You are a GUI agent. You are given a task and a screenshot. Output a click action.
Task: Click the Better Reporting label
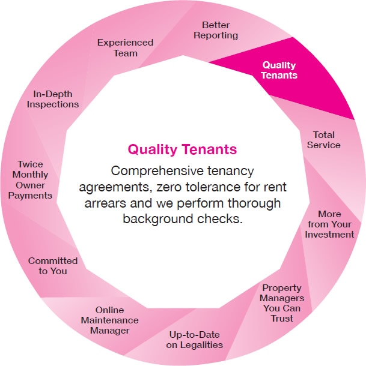tap(216, 30)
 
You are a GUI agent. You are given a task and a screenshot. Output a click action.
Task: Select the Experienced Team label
tap(126, 48)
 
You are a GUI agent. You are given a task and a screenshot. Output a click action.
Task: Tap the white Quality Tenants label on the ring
tap(279, 70)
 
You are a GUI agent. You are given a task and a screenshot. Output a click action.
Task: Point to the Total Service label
tap(324, 140)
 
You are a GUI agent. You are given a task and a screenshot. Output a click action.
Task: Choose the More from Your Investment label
tap(329, 224)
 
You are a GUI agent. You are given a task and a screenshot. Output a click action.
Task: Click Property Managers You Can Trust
tap(282, 303)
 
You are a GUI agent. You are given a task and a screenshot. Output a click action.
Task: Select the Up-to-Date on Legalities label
tap(194, 340)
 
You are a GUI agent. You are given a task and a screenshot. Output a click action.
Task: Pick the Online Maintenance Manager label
tap(110, 320)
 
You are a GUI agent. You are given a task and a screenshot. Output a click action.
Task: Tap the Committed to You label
tap(53, 266)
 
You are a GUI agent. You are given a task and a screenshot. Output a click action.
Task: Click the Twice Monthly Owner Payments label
tap(30, 180)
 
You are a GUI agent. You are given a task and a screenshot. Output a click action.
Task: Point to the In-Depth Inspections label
tap(53, 99)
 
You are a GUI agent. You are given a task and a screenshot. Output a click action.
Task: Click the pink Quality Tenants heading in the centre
tap(182, 149)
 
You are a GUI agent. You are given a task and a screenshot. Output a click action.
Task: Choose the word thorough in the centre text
tap(254, 203)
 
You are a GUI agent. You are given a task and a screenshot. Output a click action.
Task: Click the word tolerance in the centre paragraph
tap(210, 187)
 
